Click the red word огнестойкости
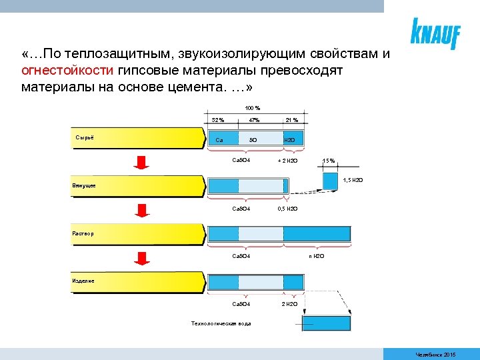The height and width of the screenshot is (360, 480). click(x=68, y=71)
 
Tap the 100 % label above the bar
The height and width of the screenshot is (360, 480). click(x=253, y=108)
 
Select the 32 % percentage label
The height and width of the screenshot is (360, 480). click(x=218, y=120)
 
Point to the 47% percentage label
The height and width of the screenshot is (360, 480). click(x=254, y=120)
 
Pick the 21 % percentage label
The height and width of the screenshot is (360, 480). click(x=291, y=120)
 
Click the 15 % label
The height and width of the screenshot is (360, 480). click(x=329, y=161)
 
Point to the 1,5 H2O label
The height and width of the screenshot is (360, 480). click(x=353, y=181)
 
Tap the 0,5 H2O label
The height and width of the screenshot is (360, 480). click(x=288, y=209)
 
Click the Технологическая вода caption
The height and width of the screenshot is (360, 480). click(x=221, y=324)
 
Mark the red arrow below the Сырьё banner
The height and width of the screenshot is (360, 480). click(x=141, y=162)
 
